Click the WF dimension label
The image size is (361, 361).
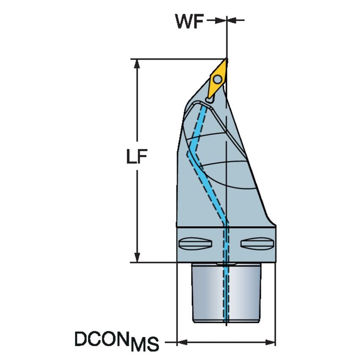coord(189,22)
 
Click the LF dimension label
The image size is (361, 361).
coord(137,156)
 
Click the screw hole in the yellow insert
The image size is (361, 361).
coord(217,79)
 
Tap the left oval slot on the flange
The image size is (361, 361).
coord(195,243)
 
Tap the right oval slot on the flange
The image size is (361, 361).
coord(257,243)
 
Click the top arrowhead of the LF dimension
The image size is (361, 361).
coord(137,63)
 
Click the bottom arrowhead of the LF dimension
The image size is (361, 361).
coord(137,257)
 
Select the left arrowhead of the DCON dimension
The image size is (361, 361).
coord(181,342)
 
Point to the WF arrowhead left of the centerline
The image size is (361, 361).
coord(220,20)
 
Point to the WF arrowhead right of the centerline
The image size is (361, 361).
coord(232,20)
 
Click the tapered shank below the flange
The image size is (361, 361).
coord(227,293)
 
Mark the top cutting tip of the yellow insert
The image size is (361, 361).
coord(227,59)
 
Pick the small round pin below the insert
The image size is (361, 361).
coord(209,100)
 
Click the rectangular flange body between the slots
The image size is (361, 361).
coord(226,244)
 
